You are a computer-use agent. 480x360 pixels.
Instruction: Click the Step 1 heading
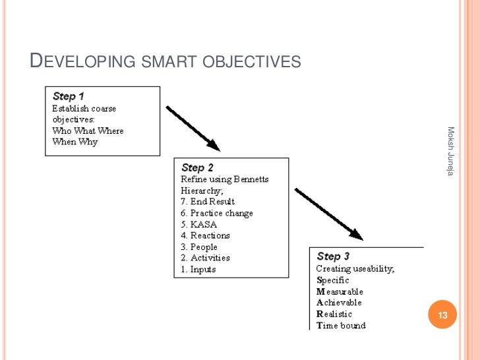tap(69, 96)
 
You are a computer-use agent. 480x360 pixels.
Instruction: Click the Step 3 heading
tap(333, 256)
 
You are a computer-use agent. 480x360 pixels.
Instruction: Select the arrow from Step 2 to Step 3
tap(328, 214)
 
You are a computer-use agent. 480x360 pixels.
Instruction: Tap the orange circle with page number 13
tap(442, 315)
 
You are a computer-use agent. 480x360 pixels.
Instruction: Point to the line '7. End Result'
tap(208, 202)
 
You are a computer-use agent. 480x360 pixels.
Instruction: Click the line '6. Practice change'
tap(217, 213)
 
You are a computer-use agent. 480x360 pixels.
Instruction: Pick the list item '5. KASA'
tap(198, 224)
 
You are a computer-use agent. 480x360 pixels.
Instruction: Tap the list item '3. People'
tap(199, 247)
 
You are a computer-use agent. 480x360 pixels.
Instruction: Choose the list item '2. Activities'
tap(205, 258)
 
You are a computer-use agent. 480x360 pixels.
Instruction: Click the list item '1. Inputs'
tap(198, 269)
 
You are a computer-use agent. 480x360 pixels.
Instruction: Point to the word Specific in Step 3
tap(333, 280)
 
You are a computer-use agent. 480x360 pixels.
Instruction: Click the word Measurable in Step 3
tap(340, 291)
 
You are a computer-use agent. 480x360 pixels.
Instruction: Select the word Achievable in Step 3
tap(339, 303)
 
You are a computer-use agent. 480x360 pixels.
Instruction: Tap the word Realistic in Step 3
tap(334, 314)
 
